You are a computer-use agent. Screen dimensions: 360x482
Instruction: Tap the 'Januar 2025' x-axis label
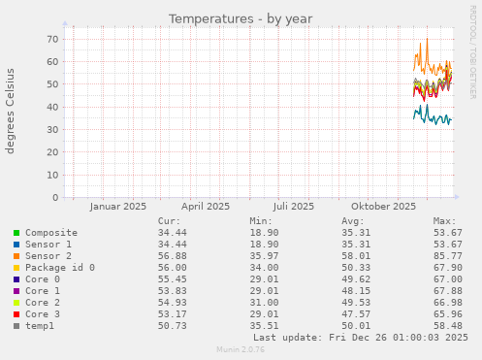(x=117, y=206)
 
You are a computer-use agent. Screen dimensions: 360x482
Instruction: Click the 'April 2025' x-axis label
(x=206, y=206)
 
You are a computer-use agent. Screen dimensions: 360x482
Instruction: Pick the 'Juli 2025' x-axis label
(x=294, y=206)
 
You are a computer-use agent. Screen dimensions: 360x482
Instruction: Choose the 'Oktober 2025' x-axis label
(x=383, y=206)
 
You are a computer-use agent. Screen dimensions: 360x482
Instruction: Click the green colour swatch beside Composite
(x=16, y=233)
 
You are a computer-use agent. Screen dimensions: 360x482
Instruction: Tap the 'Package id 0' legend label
(x=60, y=268)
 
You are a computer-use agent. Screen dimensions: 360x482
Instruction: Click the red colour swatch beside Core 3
(x=16, y=314)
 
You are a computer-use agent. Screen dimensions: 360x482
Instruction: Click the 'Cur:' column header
(x=169, y=221)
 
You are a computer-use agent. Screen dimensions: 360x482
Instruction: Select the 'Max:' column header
(x=444, y=221)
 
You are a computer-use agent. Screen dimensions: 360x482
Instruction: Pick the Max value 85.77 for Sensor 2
(x=445, y=256)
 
